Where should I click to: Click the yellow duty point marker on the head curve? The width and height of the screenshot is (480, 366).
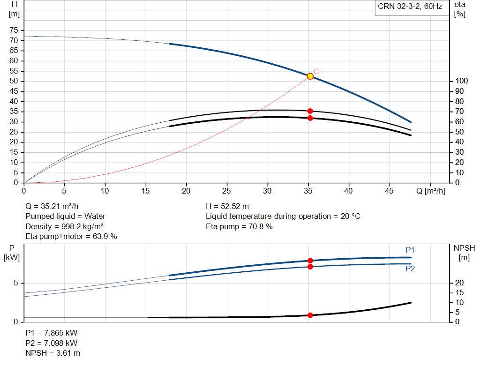(x=310, y=76)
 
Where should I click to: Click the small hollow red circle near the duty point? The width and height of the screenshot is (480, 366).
(x=316, y=71)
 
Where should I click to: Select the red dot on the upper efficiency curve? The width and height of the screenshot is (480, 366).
(x=310, y=111)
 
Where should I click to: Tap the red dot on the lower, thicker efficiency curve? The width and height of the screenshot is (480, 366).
(x=310, y=118)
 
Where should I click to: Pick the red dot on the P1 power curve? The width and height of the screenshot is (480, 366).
(x=310, y=261)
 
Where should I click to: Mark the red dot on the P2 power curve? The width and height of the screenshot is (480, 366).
(x=310, y=267)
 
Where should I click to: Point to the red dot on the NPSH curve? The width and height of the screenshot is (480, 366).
(x=310, y=315)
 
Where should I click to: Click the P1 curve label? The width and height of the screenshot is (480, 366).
(x=410, y=250)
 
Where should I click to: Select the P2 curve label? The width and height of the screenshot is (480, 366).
(x=410, y=269)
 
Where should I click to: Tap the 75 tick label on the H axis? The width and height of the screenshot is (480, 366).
(x=14, y=30)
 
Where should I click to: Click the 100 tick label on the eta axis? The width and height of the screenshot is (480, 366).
(x=461, y=81)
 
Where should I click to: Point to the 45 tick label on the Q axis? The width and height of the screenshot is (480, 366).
(x=389, y=191)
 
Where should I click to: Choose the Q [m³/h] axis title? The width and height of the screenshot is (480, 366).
(x=431, y=191)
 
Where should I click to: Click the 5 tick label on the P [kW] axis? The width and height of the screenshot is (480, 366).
(x=15, y=283)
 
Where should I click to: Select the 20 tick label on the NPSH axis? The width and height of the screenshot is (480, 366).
(x=459, y=283)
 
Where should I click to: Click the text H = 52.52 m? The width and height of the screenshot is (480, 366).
(x=227, y=207)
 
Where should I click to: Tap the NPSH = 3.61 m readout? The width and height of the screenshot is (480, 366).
(x=52, y=353)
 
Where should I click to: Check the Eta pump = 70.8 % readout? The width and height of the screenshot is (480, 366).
(x=239, y=226)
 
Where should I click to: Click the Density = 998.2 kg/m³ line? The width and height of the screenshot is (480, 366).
(x=64, y=226)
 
